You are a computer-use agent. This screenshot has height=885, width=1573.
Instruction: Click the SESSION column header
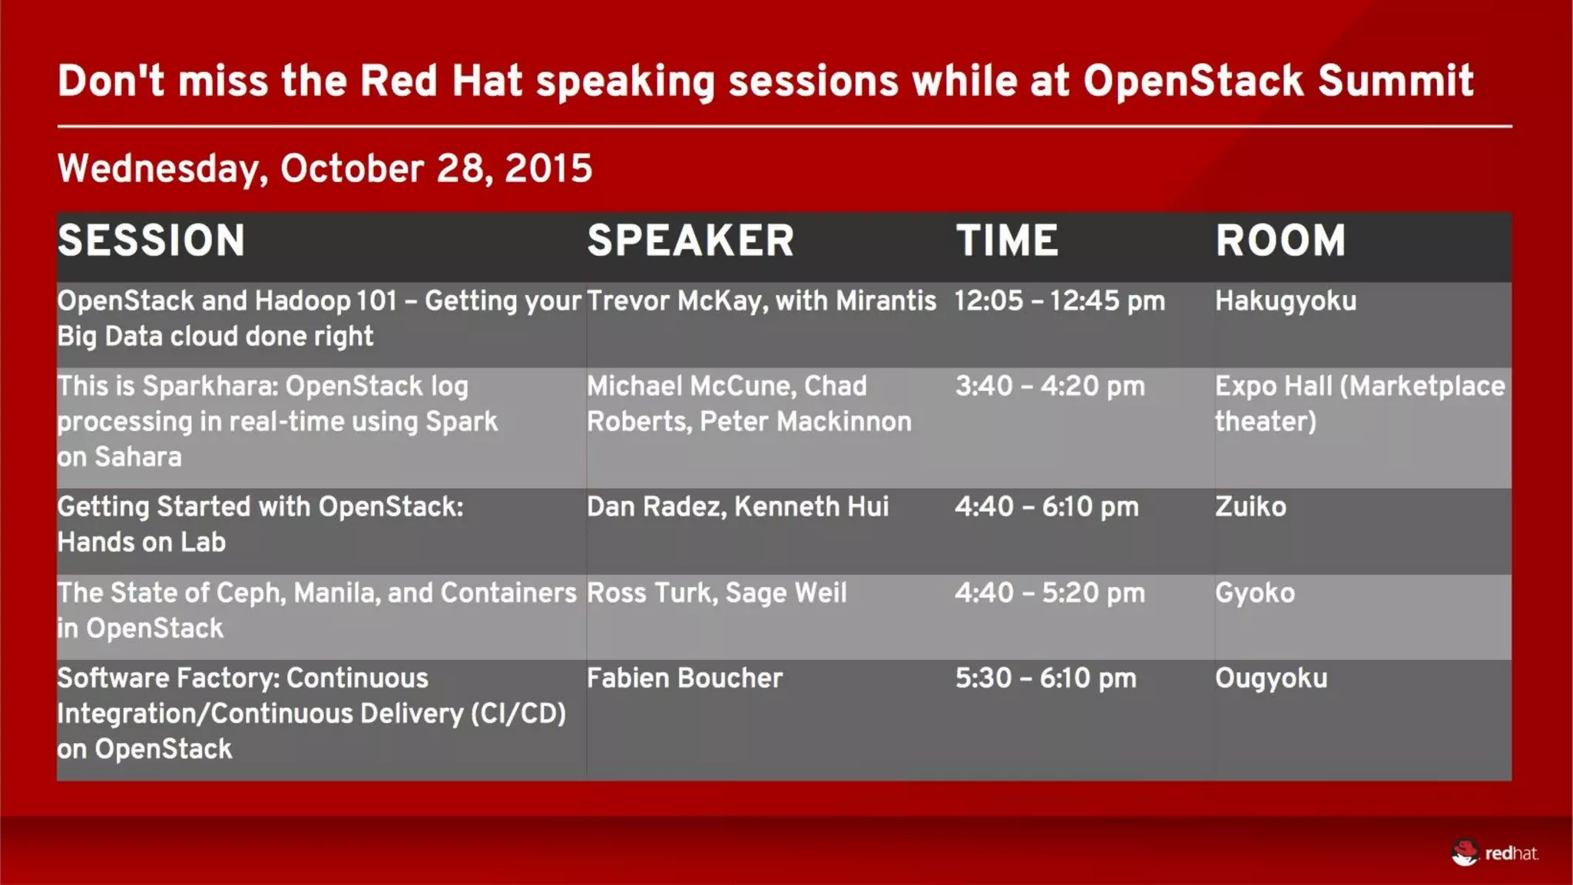(151, 240)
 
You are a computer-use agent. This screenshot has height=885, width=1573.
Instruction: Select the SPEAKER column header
(690, 240)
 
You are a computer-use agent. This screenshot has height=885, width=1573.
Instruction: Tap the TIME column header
(1006, 240)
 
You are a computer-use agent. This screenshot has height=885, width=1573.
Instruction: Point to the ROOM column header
(1280, 240)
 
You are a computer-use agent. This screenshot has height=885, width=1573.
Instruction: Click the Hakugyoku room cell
(1285, 301)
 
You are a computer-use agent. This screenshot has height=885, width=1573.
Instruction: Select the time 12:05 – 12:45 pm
(1059, 301)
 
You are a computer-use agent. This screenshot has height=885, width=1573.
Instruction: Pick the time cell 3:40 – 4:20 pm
(1049, 386)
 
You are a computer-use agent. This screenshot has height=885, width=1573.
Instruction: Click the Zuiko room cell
(1250, 507)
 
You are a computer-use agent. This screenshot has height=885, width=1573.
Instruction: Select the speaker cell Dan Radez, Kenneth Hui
(737, 507)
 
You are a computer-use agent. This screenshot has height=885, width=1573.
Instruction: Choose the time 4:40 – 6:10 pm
(1046, 507)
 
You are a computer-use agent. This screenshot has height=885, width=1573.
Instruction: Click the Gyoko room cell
(1254, 593)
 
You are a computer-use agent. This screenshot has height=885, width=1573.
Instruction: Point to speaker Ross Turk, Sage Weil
(716, 593)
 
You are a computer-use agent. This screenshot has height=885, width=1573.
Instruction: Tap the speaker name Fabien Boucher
(684, 678)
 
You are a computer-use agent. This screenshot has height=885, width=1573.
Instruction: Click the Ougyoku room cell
(1270, 678)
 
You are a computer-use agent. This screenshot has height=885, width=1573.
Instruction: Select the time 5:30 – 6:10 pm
(1045, 678)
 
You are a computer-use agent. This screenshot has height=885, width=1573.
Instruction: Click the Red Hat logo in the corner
(1494, 853)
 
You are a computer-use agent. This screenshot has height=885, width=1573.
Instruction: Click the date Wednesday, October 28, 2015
(325, 168)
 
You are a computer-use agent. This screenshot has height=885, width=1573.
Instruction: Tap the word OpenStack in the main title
(1193, 81)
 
